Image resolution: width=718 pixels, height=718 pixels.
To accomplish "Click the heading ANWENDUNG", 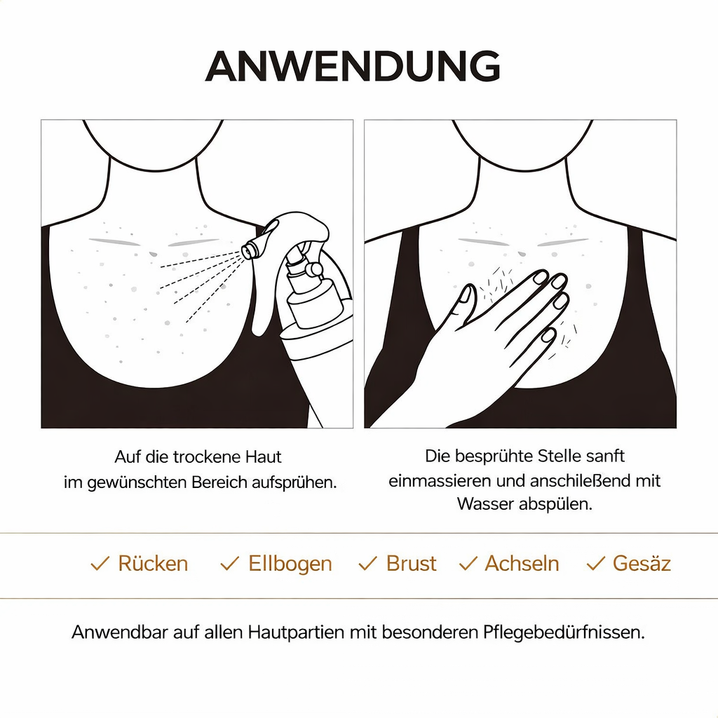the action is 353,67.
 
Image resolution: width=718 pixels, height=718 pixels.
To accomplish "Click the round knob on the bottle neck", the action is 314,269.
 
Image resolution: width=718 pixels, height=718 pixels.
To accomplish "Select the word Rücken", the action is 153,564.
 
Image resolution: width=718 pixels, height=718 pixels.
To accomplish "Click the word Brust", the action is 411,564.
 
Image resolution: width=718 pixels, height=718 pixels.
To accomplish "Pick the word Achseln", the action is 522,564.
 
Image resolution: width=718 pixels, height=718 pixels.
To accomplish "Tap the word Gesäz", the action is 642,564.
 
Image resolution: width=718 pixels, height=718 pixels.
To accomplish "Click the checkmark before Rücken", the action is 100,564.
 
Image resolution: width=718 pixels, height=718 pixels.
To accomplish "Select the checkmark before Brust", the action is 367,564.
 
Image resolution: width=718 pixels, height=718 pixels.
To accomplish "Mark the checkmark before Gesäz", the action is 595,564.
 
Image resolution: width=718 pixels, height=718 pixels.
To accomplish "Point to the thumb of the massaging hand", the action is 466,302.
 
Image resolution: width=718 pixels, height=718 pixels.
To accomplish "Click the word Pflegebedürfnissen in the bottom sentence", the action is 564,632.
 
